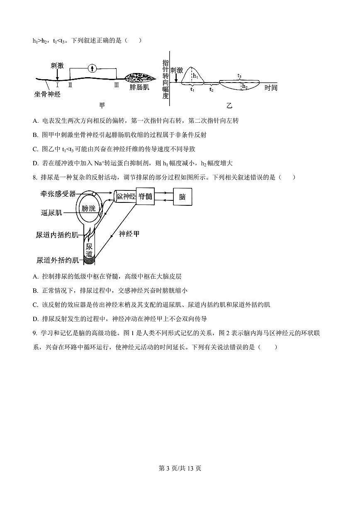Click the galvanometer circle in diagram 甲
click(x=93, y=68)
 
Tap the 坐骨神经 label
click(x=47, y=94)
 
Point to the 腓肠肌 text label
click(x=139, y=88)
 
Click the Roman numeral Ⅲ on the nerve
click(x=117, y=85)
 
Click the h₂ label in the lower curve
click(x=245, y=86)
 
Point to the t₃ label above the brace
click(x=240, y=75)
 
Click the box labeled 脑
click(x=182, y=197)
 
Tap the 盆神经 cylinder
click(x=125, y=197)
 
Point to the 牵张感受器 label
click(x=58, y=194)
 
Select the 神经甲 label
click(x=129, y=234)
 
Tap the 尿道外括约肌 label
click(x=57, y=260)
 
